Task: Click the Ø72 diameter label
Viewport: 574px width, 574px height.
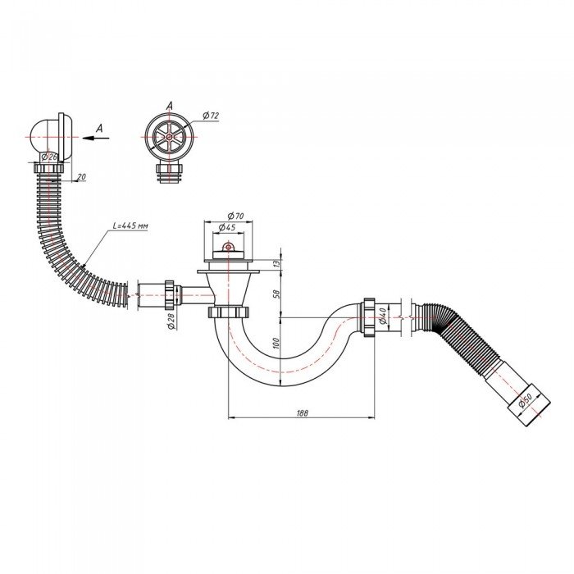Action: [x=210, y=116]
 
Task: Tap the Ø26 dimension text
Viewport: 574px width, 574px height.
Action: [x=49, y=156]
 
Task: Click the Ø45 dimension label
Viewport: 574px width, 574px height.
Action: [x=228, y=228]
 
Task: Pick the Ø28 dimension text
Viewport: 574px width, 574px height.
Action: [x=171, y=321]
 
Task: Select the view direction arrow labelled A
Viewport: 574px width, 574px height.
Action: [x=96, y=139]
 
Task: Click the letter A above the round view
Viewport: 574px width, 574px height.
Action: [x=168, y=105]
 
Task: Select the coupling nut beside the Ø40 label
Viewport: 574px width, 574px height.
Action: [x=368, y=316]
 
